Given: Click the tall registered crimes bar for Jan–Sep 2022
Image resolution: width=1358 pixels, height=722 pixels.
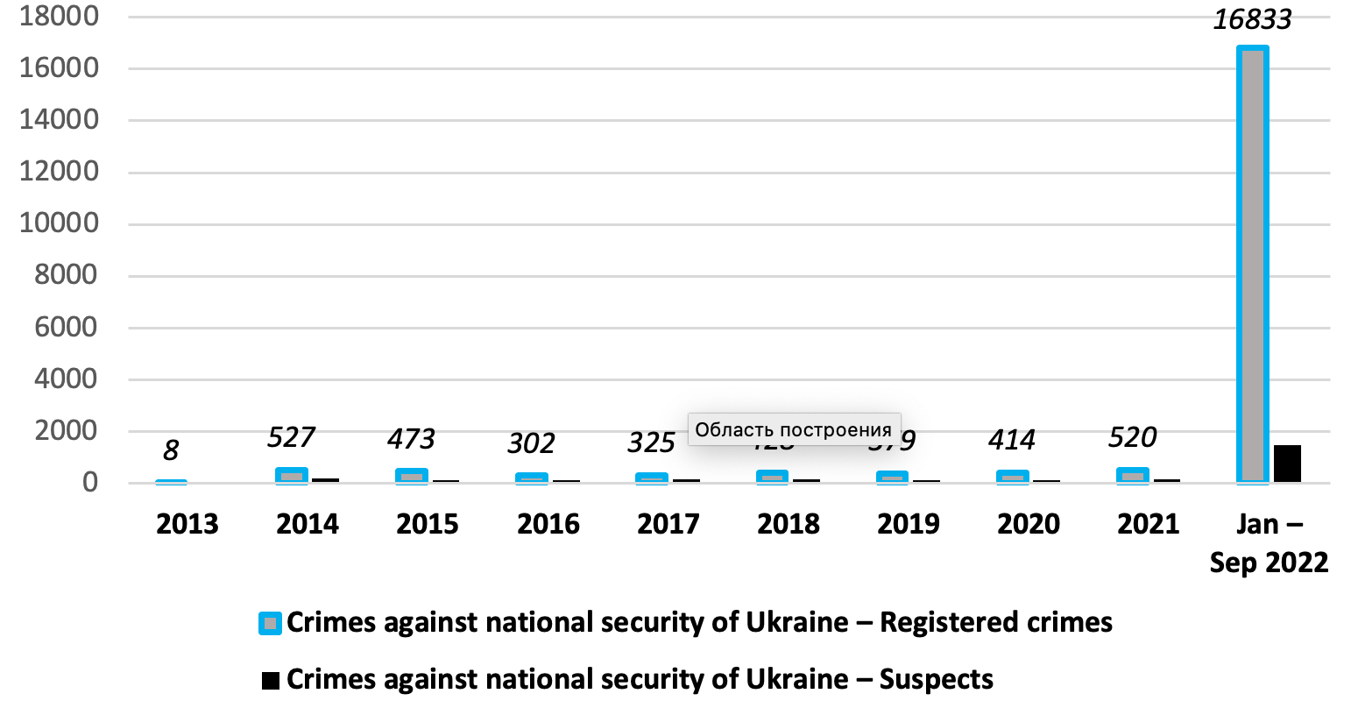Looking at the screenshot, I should pyautogui.click(x=1253, y=263).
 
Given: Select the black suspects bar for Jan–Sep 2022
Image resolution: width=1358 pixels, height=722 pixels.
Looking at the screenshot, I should pyautogui.click(x=1287, y=464).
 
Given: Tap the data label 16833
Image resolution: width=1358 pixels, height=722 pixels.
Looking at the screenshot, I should pyautogui.click(x=1252, y=19).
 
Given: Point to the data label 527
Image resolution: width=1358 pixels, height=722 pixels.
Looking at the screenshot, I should pyautogui.click(x=291, y=436).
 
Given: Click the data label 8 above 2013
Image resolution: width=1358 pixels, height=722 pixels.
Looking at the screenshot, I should pyautogui.click(x=171, y=450).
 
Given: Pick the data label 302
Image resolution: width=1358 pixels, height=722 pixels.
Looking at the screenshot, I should pyautogui.click(x=531, y=443).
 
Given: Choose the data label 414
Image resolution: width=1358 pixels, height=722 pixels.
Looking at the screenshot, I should pyautogui.click(x=1012, y=440).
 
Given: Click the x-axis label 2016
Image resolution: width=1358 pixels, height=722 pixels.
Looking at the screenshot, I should pyautogui.click(x=548, y=524).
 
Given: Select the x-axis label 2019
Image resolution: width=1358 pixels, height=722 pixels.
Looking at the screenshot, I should pyautogui.click(x=909, y=524).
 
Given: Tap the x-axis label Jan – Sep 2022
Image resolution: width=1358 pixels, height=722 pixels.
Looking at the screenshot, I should pyautogui.click(x=1269, y=543).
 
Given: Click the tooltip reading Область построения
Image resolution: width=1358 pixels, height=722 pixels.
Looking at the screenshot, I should pyautogui.click(x=794, y=429).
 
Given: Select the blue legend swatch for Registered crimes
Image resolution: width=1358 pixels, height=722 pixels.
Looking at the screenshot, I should pyautogui.click(x=270, y=623).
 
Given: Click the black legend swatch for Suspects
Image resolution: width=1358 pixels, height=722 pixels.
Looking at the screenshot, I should pyautogui.click(x=271, y=680).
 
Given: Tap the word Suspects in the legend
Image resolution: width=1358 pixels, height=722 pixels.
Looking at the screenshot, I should pyautogui.click(x=936, y=680).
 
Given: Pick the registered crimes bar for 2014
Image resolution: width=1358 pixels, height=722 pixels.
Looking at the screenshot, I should pyautogui.click(x=292, y=476).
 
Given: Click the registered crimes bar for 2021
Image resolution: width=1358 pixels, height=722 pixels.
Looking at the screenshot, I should pyautogui.click(x=1133, y=476).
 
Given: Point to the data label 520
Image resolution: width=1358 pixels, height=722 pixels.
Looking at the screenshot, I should pyautogui.click(x=1132, y=436).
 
